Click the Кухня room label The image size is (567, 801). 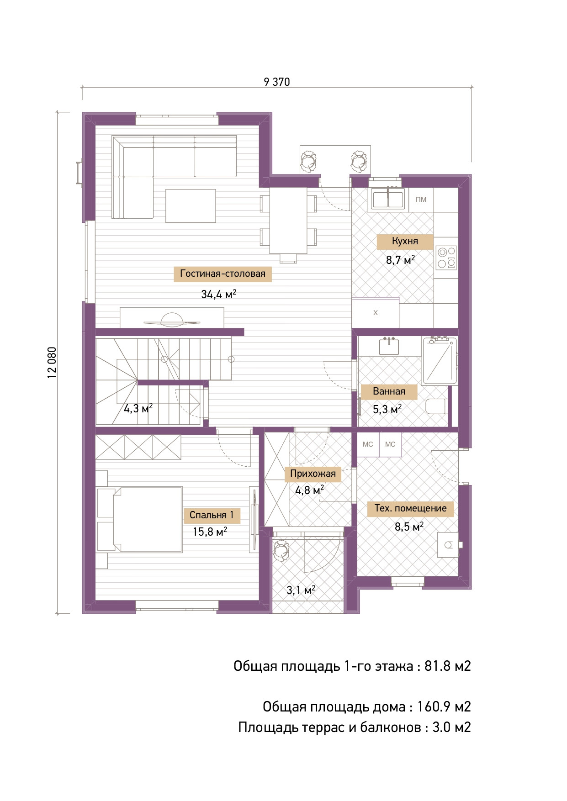tap(405, 241)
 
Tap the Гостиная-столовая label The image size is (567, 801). tap(223, 274)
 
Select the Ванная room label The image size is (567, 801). tap(389, 391)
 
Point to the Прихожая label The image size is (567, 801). tap(313, 474)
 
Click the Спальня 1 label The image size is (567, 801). tap(212, 515)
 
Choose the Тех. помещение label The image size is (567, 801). tap(410, 508)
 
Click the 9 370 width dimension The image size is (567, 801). tap(277, 82)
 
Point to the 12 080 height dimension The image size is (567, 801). tap(52, 363)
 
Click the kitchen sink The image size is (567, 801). tap(388, 199)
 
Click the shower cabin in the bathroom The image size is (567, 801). tap(440, 361)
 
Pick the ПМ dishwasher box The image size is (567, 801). tap(421, 200)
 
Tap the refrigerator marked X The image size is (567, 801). tap(376, 313)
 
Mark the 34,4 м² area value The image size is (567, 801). tap(219, 294)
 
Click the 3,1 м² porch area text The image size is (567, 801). tap(301, 590)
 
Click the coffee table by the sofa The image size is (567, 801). tap(191, 206)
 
